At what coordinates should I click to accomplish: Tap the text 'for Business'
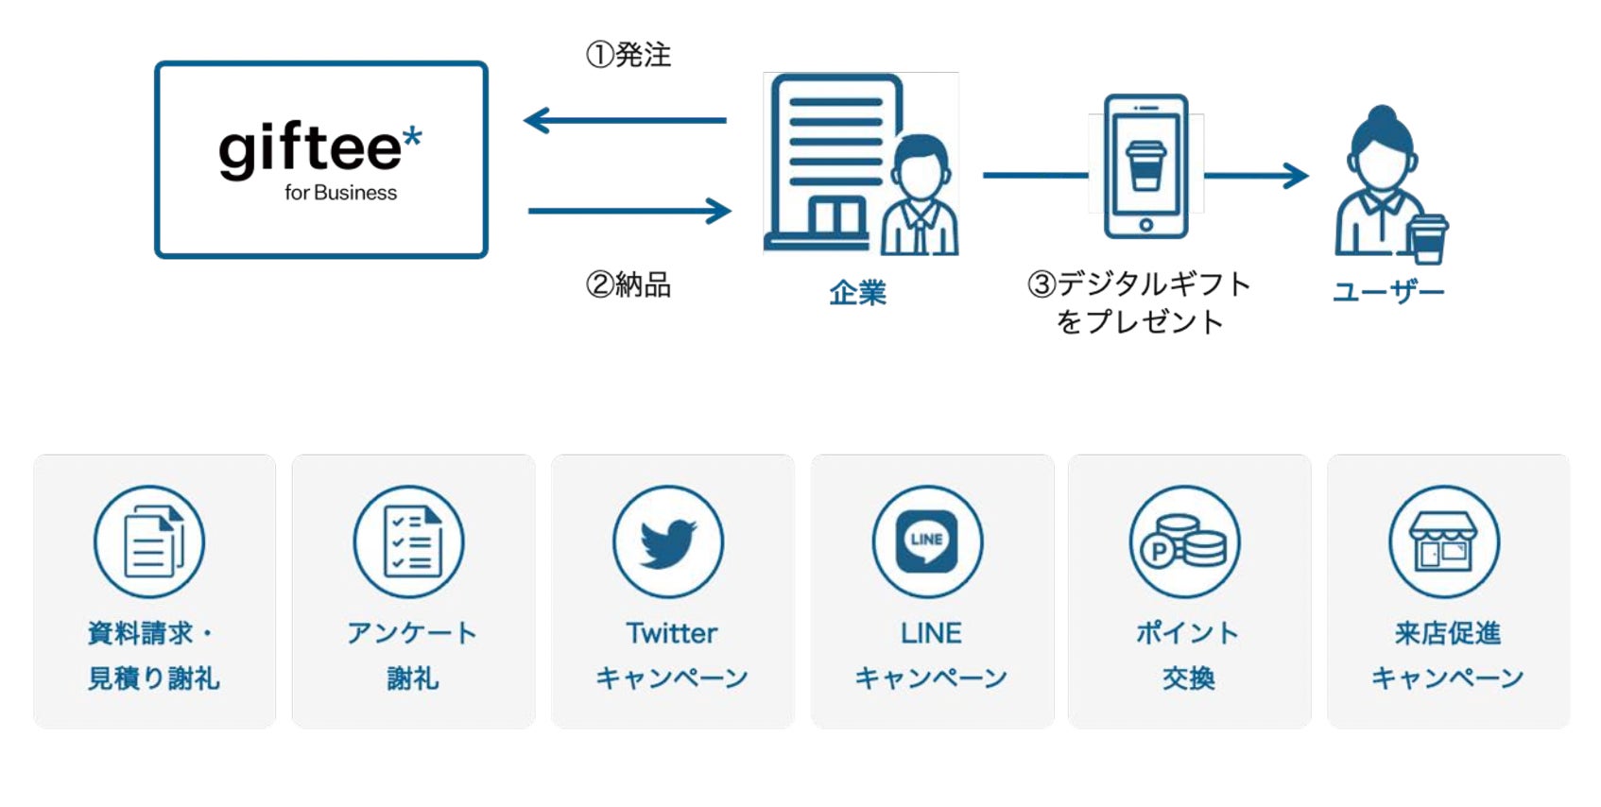tap(340, 193)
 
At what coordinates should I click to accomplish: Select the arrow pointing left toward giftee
tap(625, 120)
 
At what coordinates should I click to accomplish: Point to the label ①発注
tap(628, 55)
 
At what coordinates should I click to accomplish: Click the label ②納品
tap(628, 284)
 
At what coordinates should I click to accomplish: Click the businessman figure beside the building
tap(920, 198)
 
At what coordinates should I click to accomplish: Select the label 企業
tap(857, 293)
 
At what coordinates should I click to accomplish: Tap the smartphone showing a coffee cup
tap(1145, 167)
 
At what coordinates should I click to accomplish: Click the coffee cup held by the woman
tap(1427, 239)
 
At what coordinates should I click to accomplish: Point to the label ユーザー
tap(1388, 292)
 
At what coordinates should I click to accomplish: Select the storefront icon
tap(1443, 542)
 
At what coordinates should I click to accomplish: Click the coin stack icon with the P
tap(1184, 542)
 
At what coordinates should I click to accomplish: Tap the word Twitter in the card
tap(672, 633)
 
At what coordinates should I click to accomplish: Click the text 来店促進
tap(1447, 633)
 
